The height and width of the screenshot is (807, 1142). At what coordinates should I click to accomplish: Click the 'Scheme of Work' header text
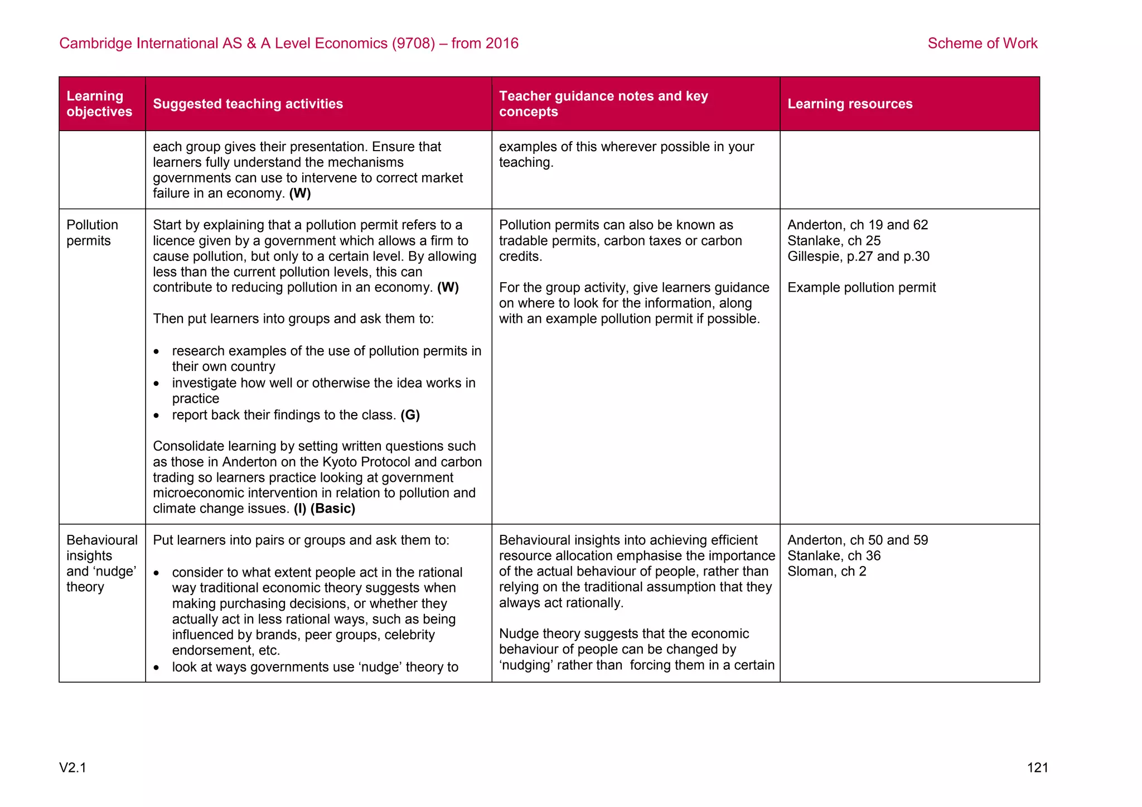pyautogui.click(x=982, y=44)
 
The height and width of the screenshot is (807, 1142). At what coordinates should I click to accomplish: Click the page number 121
pyautogui.click(x=1037, y=768)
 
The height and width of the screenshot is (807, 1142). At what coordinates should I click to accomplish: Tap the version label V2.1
pyautogui.click(x=72, y=768)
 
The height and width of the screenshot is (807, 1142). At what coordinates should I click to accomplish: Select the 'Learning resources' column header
pyautogui.click(x=849, y=104)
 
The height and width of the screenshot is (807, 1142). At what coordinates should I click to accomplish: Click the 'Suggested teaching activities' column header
pyautogui.click(x=248, y=104)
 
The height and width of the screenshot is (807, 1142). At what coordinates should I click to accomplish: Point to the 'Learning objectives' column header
pyautogui.click(x=99, y=104)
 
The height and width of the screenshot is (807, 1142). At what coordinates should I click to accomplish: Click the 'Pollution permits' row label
pyautogui.click(x=92, y=233)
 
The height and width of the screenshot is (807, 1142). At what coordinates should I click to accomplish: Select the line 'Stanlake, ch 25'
pyautogui.click(x=834, y=241)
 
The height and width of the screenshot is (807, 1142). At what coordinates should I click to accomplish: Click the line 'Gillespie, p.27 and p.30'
pyautogui.click(x=858, y=257)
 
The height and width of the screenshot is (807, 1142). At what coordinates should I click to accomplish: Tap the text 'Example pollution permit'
pyautogui.click(x=861, y=288)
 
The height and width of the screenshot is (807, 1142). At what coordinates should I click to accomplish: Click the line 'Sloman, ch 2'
pyautogui.click(x=826, y=572)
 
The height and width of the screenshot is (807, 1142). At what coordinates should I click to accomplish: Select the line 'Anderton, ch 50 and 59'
pyautogui.click(x=857, y=540)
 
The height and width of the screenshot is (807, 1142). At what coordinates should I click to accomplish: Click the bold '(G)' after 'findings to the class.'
pyautogui.click(x=410, y=415)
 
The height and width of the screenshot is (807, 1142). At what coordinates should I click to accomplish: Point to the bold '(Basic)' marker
pyautogui.click(x=333, y=509)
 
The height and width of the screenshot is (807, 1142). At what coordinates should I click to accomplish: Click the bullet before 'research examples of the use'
pyautogui.click(x=157, y=352)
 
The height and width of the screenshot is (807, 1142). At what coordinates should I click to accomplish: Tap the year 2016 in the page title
pyautogui.click(x=501, y=44)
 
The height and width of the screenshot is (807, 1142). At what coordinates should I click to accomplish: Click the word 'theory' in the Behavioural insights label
pyautogui.click(x=85, y=587)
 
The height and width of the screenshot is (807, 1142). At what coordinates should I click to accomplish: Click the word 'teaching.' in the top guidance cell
pyautogui.click(x=526, y=163)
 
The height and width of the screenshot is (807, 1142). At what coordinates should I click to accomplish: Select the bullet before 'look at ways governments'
pyautogui.click(x=157, y=668)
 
